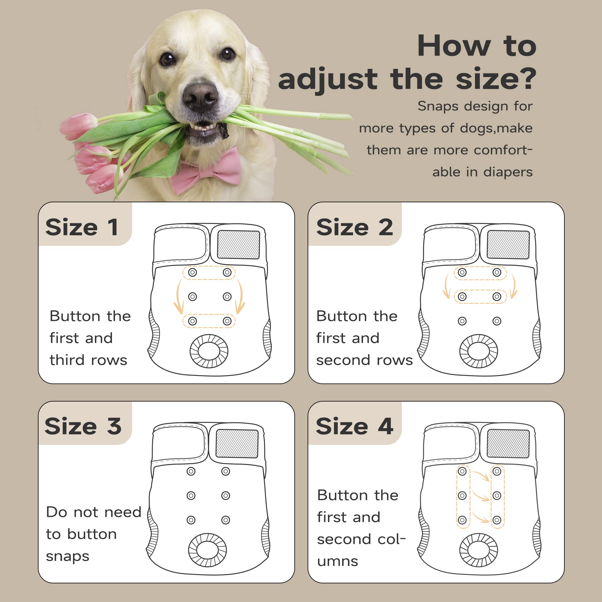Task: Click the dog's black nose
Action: pos(200,96)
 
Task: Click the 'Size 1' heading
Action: pos(82,227)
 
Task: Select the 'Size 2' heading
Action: pos(355,227)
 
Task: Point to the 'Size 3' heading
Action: pos(83,426)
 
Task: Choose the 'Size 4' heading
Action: pos(355,426)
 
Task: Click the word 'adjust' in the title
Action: pos(328,79)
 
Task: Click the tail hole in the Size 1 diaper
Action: pos(209,351)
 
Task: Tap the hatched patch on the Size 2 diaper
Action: pos(508,245)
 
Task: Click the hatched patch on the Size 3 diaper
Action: pos(237,443)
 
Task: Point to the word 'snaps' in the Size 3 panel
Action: pos(68,557)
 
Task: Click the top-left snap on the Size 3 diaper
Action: pos(191,471)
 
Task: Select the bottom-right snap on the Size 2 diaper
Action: pos(497,321)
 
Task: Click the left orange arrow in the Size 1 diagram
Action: pos(177,297)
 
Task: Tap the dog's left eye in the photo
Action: pos(167,59)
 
